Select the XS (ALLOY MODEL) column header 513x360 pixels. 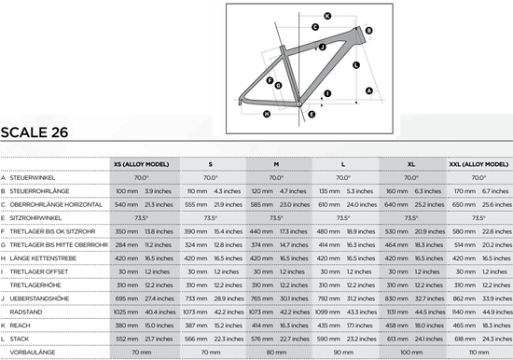142,164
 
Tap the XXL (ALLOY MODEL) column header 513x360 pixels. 478,164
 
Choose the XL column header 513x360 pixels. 410,164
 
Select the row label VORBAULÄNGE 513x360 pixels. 34,352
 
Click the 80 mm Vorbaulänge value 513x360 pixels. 276,352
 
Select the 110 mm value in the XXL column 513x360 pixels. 478,352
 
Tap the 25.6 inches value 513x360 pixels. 493,203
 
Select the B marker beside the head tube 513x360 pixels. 369,32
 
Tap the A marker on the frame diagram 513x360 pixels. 368,90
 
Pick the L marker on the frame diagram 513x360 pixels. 355,64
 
